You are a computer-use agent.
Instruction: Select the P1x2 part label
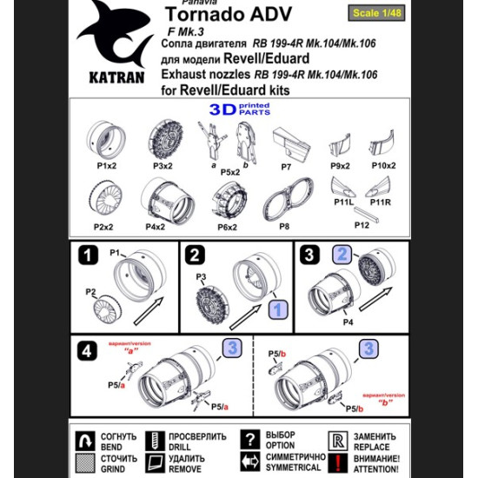pos(107,165)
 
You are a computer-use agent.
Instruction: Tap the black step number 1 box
pos(87,255)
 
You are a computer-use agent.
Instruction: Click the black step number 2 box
pos(195,255)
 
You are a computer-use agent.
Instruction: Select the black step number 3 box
pos(310,255)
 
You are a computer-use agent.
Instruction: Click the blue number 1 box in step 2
pos(276,309)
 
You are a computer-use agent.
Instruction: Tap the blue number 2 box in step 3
pos(342,255)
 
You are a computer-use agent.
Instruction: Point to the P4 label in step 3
pos(348,321)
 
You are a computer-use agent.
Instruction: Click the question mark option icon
pos(249,440)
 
